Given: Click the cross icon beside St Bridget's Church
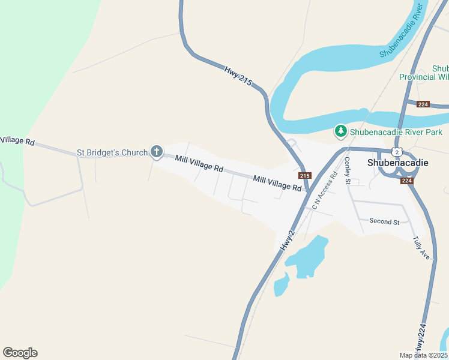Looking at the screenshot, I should click(156, 151).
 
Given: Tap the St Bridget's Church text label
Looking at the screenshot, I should click(112, 153).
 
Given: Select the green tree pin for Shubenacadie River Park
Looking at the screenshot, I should click(340, 131).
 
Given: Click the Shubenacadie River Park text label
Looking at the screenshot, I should click(396, 132).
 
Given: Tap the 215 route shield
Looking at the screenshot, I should click(304, 175).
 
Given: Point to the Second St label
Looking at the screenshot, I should click(384, 222).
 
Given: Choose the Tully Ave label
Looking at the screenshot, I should click(421, 247).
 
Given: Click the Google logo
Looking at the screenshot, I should click(20, 353).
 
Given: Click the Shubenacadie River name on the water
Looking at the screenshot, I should click(402, 32).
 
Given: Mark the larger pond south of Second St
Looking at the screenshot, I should click(306, 257).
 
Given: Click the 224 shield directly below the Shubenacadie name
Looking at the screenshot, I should click(407, 181).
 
